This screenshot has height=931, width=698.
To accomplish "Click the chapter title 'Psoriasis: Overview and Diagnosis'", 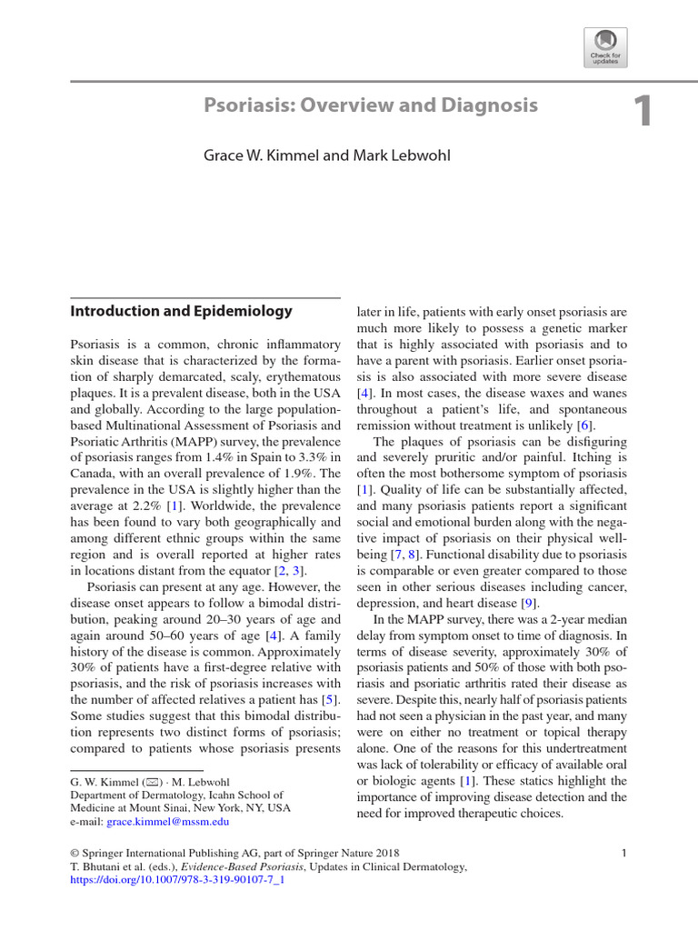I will [x=371, y=105].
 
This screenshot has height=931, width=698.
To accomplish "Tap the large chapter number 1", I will [x=643, y=112].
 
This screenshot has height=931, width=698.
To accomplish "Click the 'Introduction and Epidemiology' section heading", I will [x=182, y=311].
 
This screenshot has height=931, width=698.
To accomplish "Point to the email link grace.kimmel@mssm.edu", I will [x=168, y=821].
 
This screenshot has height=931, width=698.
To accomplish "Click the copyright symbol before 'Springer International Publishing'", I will [x=75, y=853].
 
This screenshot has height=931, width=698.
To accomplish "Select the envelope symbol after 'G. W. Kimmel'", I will [x=139, y=782].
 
